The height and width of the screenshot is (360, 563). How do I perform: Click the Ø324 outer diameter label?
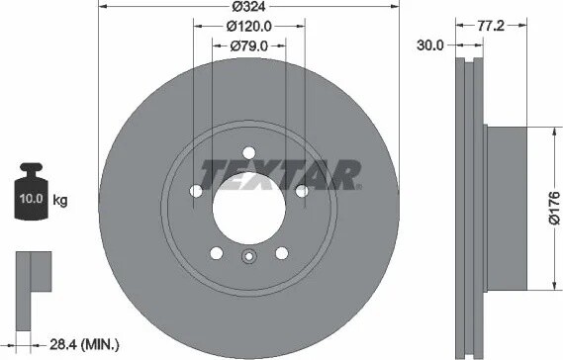point(248,7)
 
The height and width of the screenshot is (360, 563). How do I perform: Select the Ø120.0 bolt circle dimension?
point(249,26)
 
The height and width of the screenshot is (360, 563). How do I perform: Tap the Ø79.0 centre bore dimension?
point(248,45)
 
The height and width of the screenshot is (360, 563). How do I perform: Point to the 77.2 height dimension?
point(491,26)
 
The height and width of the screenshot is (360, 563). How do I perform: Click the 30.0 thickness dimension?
point(430,45)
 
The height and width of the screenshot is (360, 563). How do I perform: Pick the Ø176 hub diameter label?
point(554,208)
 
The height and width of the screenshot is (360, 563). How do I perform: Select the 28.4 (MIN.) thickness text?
point(84,345)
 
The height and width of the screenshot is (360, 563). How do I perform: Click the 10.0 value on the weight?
point(32,199)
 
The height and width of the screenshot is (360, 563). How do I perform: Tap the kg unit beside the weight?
point(60,200)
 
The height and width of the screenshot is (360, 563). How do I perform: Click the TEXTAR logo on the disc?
point(280,175)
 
